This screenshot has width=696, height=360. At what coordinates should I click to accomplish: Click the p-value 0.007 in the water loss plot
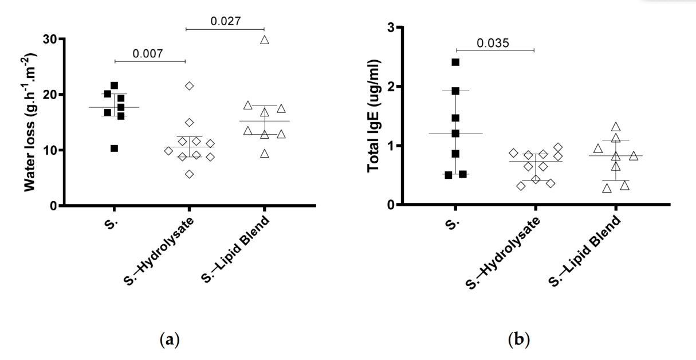tap(150, 53)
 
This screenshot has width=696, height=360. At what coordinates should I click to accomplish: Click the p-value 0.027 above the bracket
tap(225, 21)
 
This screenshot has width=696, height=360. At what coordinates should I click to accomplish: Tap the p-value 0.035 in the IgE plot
tap(494, 42)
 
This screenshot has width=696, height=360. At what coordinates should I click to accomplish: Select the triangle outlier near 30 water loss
tap(265, 40)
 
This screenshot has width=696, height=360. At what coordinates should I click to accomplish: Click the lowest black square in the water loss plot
tap(115, 148)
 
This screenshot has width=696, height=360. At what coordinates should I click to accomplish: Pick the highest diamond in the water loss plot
tap(190, 85)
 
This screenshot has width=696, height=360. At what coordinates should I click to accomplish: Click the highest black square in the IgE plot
tap(455, 62)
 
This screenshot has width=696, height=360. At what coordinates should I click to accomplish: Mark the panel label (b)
tap(519, 340)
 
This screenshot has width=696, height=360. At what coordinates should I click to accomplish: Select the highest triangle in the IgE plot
tap(616, 127)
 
